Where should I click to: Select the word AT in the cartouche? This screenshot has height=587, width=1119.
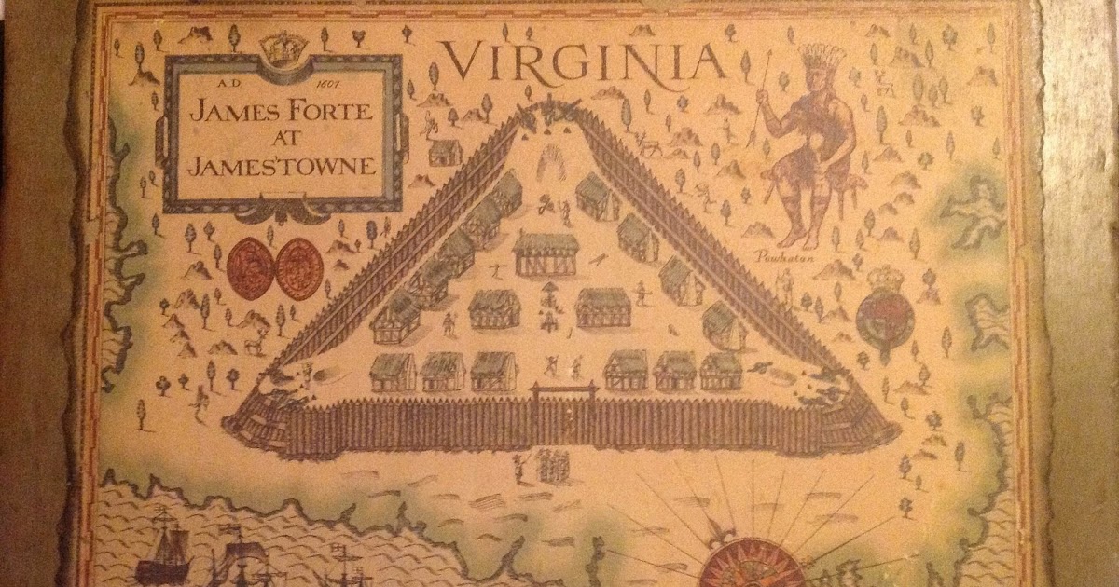tap(281, 140)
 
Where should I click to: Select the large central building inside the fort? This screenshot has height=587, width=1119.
tap(546, 253)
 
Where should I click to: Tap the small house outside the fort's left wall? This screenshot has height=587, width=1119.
tap(446, 150)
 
